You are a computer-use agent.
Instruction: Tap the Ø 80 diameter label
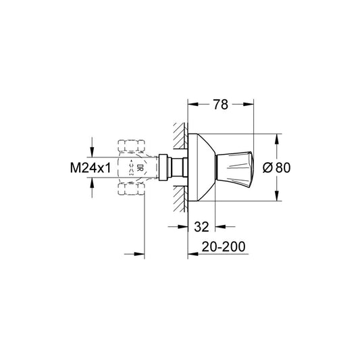click(x=294, y=168)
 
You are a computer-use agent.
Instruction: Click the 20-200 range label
click(x=222, y=248)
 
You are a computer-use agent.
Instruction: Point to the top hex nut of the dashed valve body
click(x=132, y=145)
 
